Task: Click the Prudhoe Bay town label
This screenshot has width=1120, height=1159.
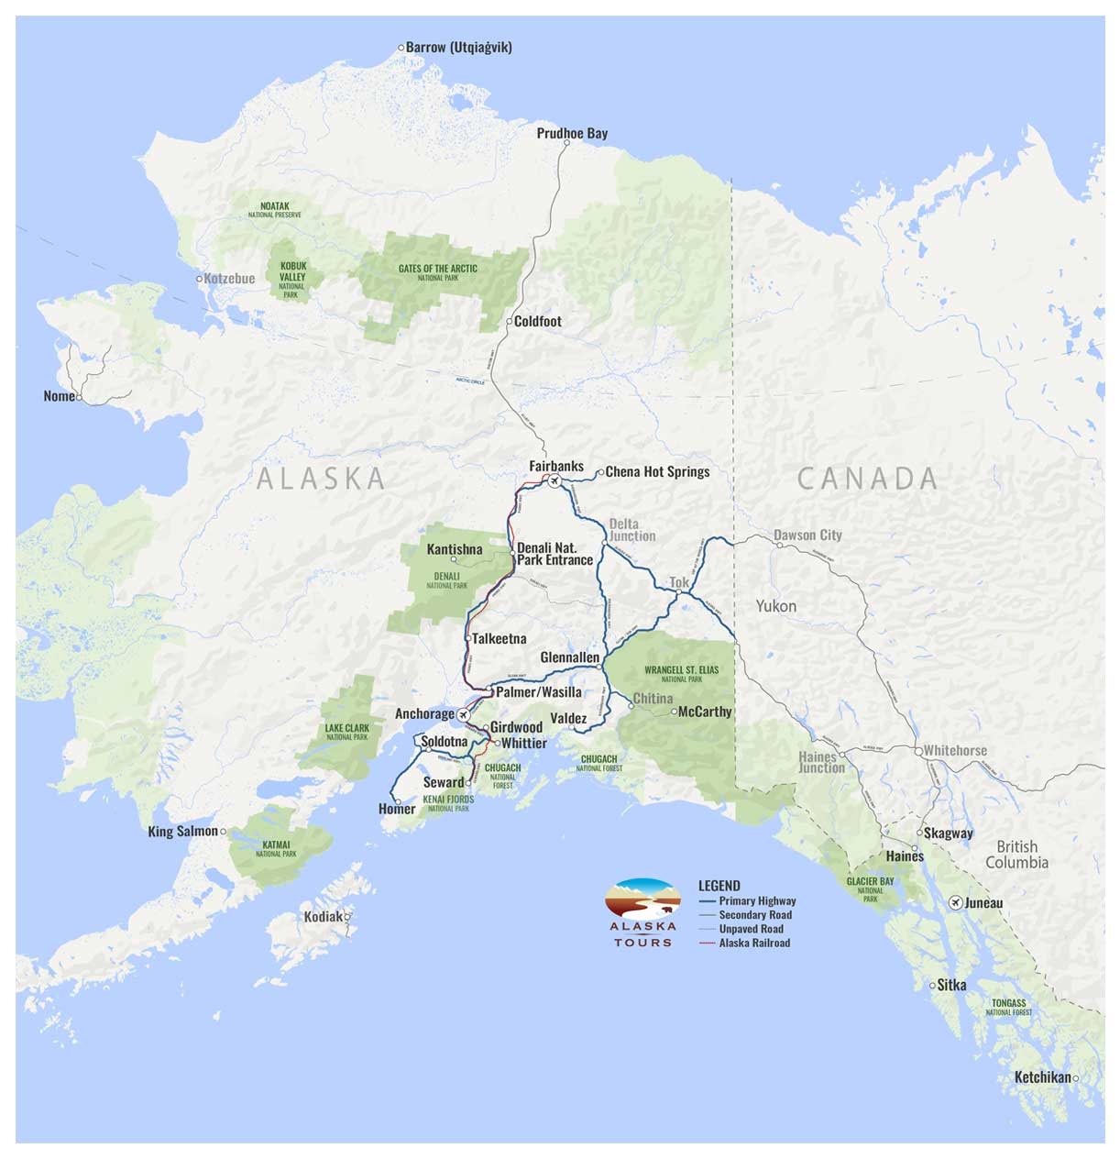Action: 572,133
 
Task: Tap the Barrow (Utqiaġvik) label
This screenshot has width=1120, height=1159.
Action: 458,47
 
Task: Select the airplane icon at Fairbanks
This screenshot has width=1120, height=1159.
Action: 554,480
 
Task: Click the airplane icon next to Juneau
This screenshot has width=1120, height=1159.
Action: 956,902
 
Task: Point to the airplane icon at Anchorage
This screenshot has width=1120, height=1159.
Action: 464,714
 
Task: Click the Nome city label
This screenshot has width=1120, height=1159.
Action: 59,396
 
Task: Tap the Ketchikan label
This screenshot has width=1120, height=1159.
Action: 1042,1077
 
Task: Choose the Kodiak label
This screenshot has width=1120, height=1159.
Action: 323,916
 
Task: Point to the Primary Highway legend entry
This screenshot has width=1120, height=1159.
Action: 757,900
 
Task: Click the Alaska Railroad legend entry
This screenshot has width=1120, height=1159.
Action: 754,943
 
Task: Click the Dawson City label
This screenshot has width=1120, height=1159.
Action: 807,535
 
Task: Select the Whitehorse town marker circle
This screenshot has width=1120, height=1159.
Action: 917,750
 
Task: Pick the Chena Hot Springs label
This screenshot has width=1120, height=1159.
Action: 657,471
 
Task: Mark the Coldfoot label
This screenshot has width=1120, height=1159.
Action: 537,321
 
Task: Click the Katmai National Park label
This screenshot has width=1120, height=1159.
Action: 276,848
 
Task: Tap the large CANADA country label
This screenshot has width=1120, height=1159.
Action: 867,478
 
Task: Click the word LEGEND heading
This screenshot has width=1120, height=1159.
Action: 719,886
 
